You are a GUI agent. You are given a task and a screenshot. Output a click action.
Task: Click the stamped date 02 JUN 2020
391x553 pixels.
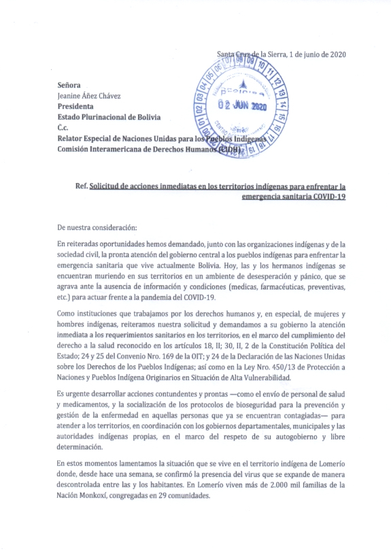pyautogui.click(x=241, y=107)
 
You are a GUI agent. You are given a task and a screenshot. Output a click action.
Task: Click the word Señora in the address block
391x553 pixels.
pyautogui.click(x=69, y=86)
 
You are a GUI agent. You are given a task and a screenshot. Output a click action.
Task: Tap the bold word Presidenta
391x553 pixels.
pyautogui.click(x=76, y=107)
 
